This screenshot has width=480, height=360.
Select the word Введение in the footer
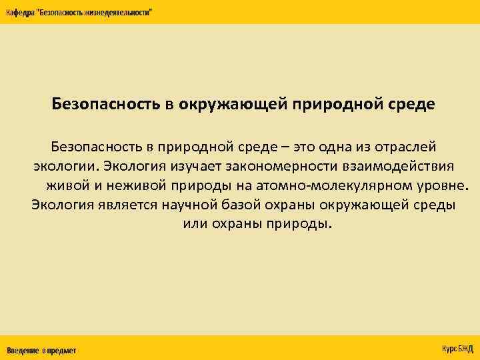coord(23,350)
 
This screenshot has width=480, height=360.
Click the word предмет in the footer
coord(61,350)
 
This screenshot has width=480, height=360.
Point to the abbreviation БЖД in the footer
coord(465,349)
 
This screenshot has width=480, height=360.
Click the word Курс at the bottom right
coord(449,349)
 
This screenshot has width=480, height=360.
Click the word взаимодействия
coord(407,165)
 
